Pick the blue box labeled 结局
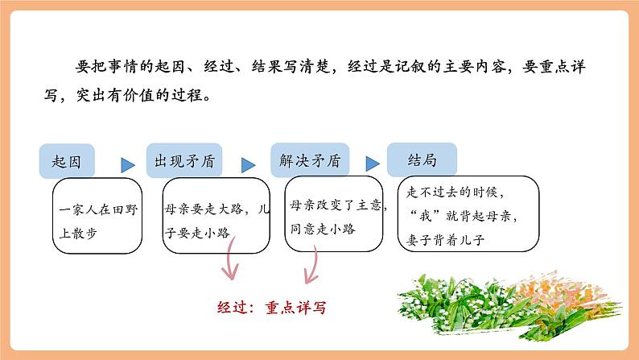click(x=422, y=160)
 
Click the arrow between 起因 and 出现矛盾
click(x=127, y=165)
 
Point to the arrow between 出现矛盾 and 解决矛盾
click(x=248, y=165)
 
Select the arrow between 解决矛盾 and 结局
click(x=370, y=165)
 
